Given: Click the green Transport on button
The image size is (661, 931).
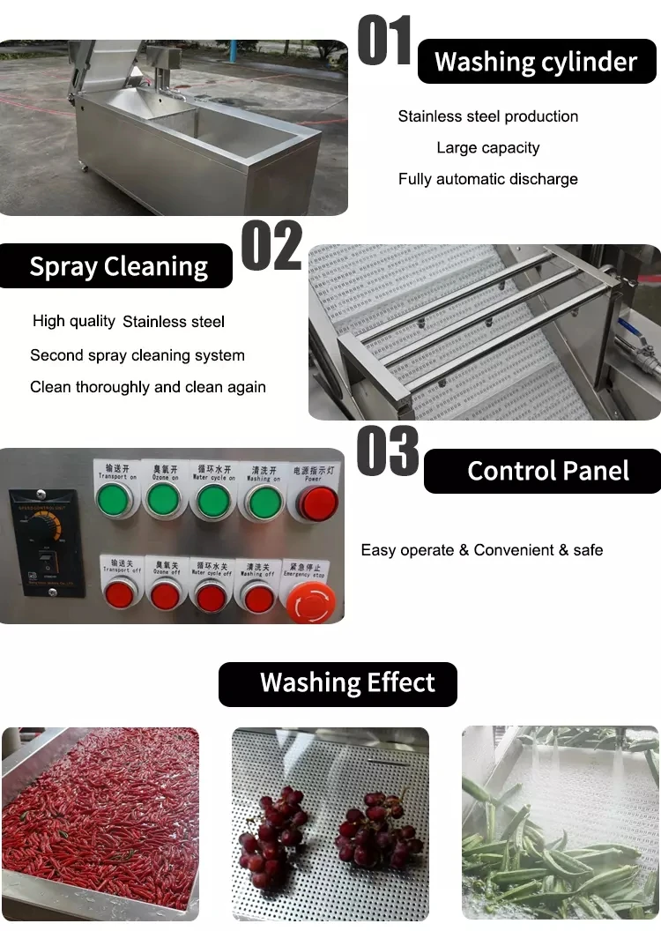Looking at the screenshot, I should click(115, 501).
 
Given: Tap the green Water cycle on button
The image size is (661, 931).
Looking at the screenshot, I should click(212, 501).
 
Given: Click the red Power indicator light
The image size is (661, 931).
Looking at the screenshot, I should click(316, 503).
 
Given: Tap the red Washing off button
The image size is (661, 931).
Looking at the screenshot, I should click(258, 597).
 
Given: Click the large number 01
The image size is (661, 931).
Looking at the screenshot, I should click(385, 41).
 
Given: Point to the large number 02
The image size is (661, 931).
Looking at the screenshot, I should click(271, 246).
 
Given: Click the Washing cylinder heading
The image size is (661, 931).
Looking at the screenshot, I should click(536, 62).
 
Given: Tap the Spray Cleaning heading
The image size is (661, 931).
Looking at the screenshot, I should click(118, 266).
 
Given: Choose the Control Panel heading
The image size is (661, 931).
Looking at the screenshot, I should click(547, 471).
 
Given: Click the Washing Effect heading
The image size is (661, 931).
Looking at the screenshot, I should click(347, 682).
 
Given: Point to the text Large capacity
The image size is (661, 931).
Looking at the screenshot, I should click(487, 147).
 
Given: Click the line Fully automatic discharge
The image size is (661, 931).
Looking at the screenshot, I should click(487, 179).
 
